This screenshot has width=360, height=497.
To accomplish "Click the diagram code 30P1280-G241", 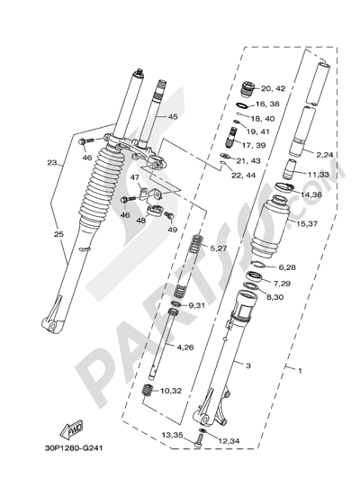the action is tap(73, 448).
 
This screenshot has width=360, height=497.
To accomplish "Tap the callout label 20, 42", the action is tap(274, 88).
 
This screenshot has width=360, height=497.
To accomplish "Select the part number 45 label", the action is tap(173, 117).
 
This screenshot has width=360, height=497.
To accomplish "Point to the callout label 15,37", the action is tap(307, 224).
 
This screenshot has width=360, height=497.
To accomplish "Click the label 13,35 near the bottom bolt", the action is tap(173, 435).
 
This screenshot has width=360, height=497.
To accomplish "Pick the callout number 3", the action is tap(248, 366).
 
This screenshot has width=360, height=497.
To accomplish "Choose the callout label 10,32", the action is tap(171, 391).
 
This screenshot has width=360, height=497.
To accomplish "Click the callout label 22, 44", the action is tap(243, 175).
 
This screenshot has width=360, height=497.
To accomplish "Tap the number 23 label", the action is tap(52, 163).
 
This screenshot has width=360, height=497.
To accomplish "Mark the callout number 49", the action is tap(173, 230).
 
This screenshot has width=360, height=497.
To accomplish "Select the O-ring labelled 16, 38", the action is tap(242, 105).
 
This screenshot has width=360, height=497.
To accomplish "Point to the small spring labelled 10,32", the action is tap(148, 390).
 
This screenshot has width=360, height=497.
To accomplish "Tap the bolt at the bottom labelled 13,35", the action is tap(198, 440).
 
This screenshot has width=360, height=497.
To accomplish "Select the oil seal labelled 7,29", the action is tap(255, 276).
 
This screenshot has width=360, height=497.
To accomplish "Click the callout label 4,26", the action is tap(185, 348).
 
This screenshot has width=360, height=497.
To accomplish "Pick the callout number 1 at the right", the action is tap(300, 370).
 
